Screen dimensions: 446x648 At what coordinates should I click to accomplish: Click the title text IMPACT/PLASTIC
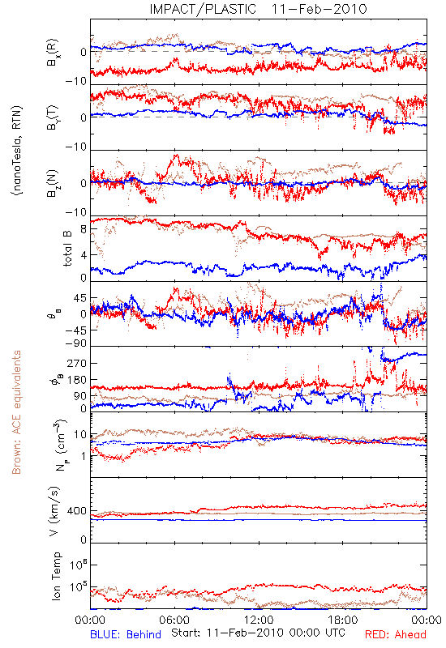click(203, 9)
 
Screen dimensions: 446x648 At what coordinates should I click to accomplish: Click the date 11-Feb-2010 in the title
click(319, 9)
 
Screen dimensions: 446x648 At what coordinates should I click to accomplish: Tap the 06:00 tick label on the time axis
click(174, 620)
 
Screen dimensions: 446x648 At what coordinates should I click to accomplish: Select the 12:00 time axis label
click(259, 620)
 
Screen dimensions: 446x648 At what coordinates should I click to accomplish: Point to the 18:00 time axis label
click(343, 620)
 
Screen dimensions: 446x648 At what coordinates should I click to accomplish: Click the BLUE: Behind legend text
click(126, 634)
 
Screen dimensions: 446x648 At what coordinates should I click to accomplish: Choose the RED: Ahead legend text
click(395, 634)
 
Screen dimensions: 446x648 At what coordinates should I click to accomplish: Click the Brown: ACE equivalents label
click(16, 412)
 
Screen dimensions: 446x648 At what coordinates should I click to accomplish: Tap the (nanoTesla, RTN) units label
click(17, 151)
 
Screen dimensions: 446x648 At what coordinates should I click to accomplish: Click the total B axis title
click(67, 249)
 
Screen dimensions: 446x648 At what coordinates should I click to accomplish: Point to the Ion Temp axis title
click(56, 576)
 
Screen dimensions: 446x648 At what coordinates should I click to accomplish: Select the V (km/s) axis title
click(55, 511)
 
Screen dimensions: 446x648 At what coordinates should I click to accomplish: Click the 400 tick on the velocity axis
click(76, 511)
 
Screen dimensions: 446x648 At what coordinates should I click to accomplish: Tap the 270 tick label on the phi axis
click(77, 363)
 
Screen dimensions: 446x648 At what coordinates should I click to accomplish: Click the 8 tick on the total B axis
click(84, 229)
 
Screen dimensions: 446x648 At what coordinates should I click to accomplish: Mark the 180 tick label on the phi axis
click(77, 380)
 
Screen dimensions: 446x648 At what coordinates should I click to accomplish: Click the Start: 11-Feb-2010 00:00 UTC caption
click(258, 633)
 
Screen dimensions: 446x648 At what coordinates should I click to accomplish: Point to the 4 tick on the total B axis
click(84, 255)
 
